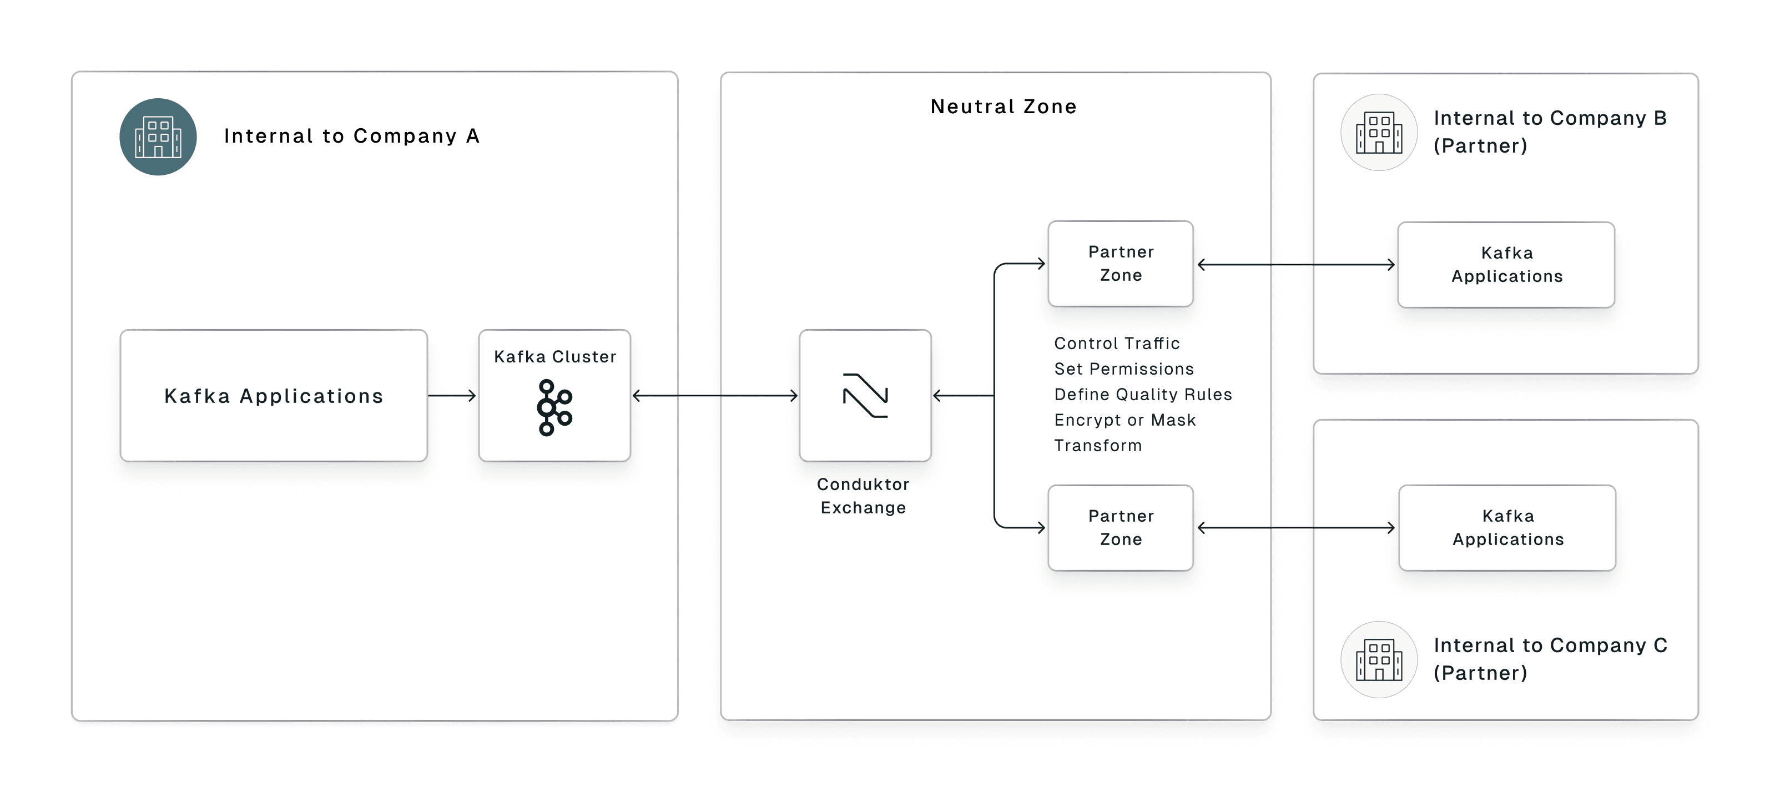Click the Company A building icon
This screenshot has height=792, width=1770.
coord(158,137)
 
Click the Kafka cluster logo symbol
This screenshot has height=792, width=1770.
coord(554,407)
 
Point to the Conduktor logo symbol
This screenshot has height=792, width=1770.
coord(865,396)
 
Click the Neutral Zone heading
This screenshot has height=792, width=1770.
coord(1003,107)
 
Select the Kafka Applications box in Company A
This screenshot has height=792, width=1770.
coord(274,396)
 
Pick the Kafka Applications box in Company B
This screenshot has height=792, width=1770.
coord(1506,264)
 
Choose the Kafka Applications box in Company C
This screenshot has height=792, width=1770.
coord(1507,528)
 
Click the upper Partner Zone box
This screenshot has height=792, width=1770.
coord(1121,264)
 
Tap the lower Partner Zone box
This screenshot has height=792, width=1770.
coord(1121,528)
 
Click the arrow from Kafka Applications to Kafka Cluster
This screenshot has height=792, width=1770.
coord(451,396)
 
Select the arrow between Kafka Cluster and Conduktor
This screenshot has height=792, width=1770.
coord(714,396)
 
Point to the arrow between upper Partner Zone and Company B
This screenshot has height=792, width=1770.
coord(1296,264)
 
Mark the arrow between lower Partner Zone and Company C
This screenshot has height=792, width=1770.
coord(1296,528)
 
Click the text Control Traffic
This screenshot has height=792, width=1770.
coord(1117,344)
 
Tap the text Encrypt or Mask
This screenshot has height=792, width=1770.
coord(1125,420)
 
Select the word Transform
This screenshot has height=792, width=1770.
coord(1098,446)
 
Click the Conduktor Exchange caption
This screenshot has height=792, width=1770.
coord(863,496)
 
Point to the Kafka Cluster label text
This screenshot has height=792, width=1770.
coord(555,356)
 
